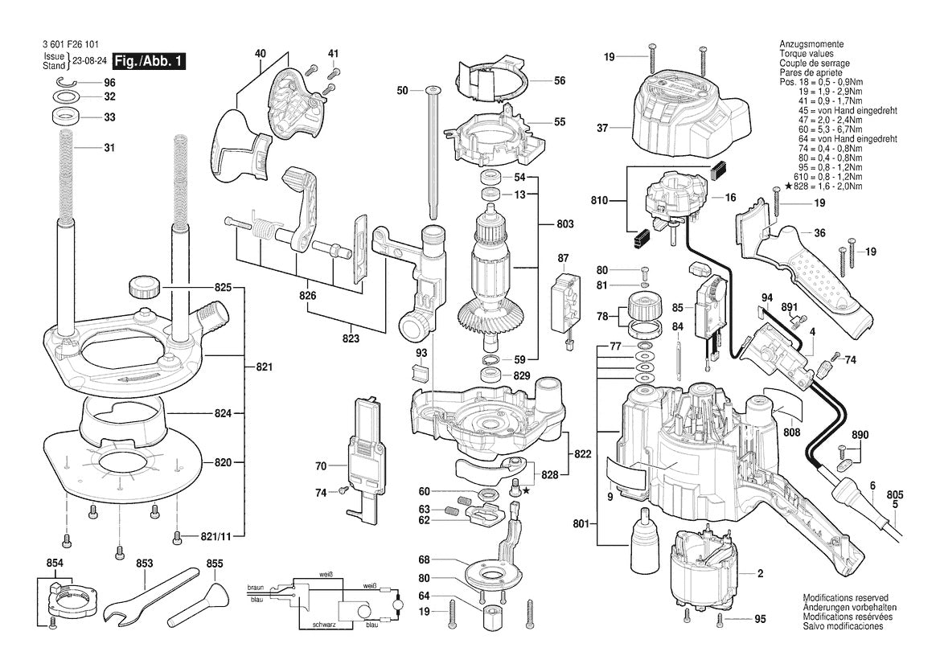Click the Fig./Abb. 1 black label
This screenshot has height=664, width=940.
pyautogui.click(x=149, y=62)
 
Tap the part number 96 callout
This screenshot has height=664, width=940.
pyautogui.click(x=109, y=83)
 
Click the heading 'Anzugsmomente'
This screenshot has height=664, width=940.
pyautogui.click(x=811, y=43)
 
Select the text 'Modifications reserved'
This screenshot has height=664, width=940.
pyautogui.click(x=845, y=598)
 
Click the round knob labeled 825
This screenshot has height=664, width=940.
pyautogui.click(x=144, y=286)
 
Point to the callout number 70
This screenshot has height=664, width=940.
pyautogui.click(x=321, y=465)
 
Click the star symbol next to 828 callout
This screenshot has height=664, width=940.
pyautogui.click(x=526, y=490)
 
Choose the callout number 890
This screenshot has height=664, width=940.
pyautogui.click(x=860, y=434)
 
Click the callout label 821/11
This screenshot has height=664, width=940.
pyautogui.click(x=212, y=535)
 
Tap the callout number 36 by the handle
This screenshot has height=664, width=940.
pyautogui.click(x=819, y=233)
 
